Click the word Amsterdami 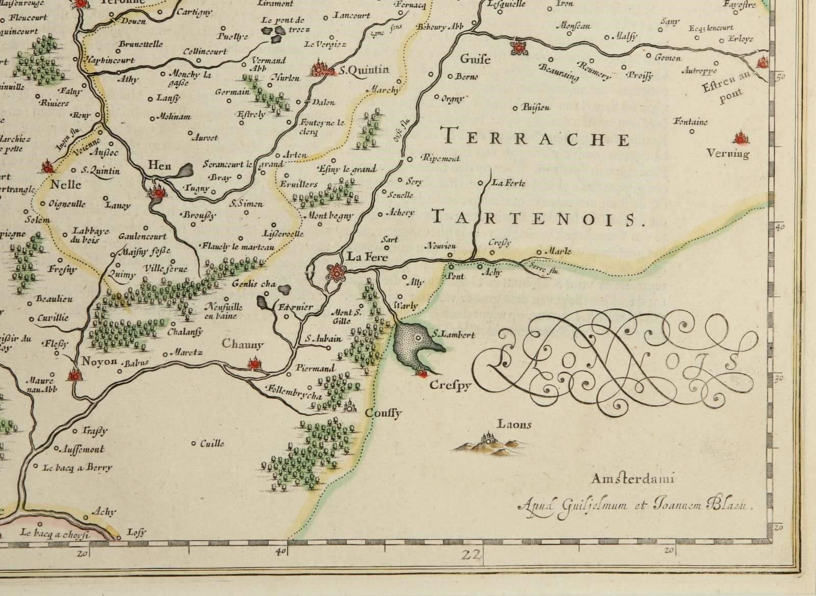[x=633, y=479]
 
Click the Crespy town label [x=449, y=386]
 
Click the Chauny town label [x=243, y=344]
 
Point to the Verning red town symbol [x=739, y=138]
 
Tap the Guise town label [x=475, y=59]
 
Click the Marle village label [x=557, y=251]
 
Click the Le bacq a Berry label [x=78, y=467]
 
